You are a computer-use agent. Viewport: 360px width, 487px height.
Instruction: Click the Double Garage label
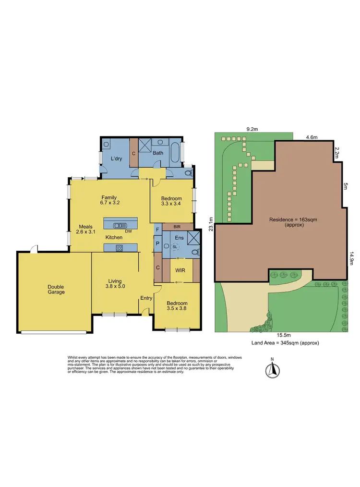point(56,289)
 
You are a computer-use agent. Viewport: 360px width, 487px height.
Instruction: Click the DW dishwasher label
point(128,231)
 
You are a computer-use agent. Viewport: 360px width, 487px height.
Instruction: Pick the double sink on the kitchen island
point(120,225)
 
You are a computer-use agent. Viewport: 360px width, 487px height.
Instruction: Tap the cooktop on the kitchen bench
point(119,248)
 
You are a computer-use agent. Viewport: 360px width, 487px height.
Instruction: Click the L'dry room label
point(116,158)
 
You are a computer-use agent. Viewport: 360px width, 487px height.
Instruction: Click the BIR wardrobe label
point(177,226)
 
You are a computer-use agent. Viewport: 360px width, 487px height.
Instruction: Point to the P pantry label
point(157,243)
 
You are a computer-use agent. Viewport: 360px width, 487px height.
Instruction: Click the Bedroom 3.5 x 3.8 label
point(177,306)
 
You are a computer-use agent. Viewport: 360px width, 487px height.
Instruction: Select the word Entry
point(146,298)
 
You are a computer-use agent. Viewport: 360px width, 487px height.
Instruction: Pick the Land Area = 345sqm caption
point(285,343)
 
